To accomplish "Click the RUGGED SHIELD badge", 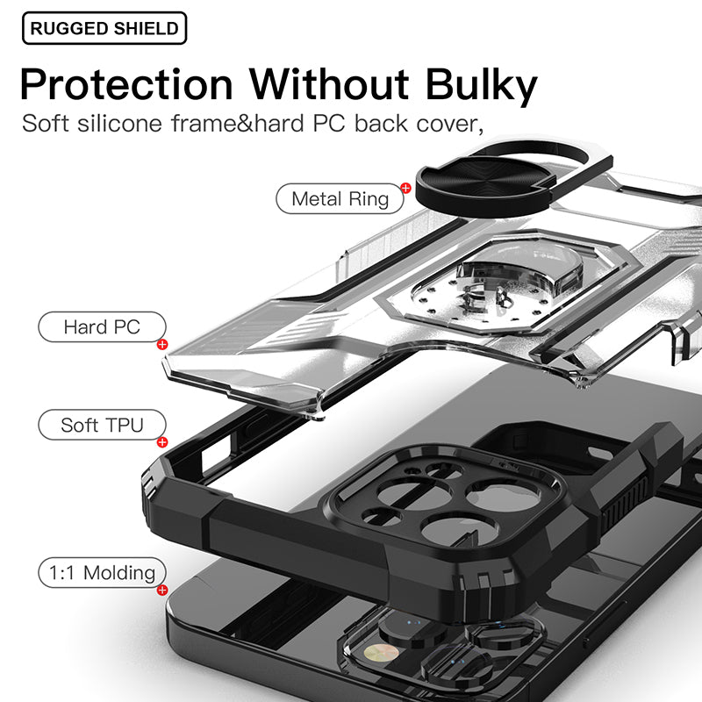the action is pos(104,28).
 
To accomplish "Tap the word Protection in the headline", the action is pos(126,85).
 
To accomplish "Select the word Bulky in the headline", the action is pos(481,86).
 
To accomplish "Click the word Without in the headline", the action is pos(329,84).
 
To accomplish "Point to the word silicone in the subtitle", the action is pos(119,123).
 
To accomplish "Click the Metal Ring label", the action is pos(340,199).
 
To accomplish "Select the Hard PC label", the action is pos(102,326).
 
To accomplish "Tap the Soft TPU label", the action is pos(102,425).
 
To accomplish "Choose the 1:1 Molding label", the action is pos(102,573).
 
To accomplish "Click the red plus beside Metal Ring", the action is pos(406,188).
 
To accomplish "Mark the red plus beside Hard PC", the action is pos(162,344).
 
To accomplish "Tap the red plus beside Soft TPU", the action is pos(162,442).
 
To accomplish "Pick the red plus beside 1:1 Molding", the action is pos(162,590).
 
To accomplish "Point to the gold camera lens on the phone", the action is pos(381,654).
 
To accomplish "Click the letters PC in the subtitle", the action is pos(329,123).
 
